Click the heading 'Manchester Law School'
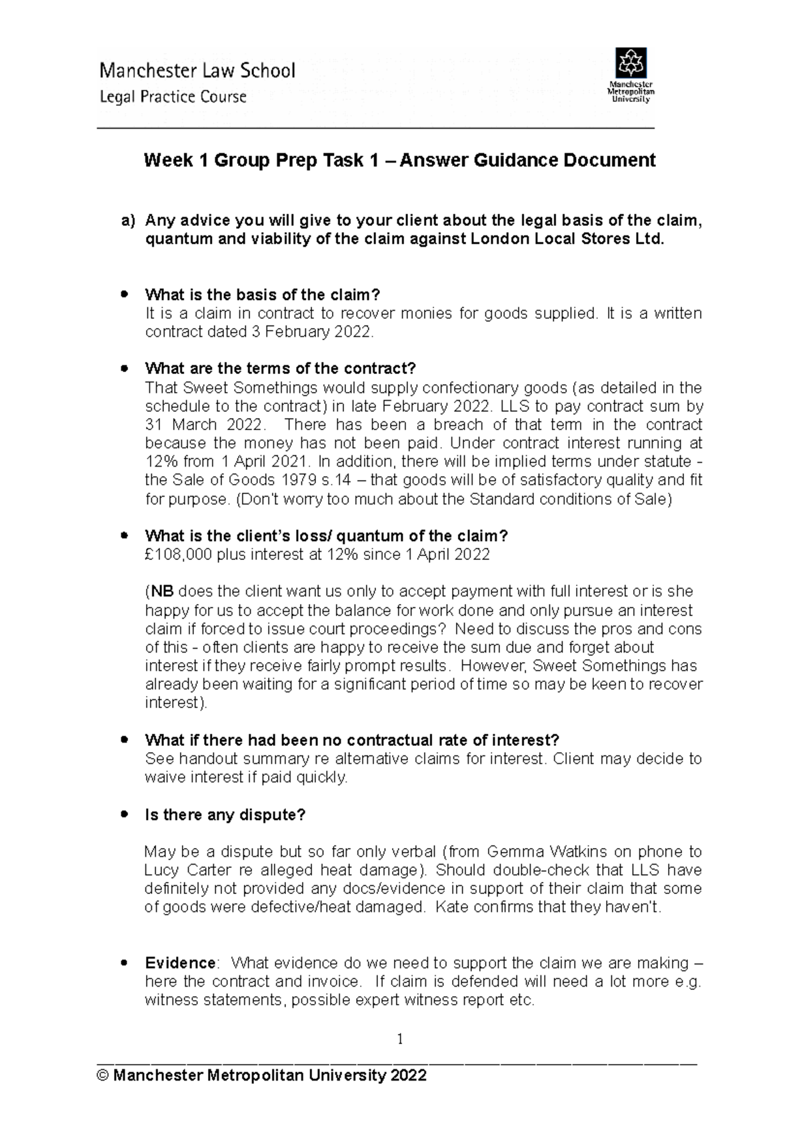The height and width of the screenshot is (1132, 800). pos(197,71)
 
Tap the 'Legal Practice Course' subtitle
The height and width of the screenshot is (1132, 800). pos(173,97)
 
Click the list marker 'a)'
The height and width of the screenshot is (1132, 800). pos(128,221)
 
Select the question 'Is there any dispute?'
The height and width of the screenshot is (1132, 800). pos(225,815)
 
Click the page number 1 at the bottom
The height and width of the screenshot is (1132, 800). pos(400,1039)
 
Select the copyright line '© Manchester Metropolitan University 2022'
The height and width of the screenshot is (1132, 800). pos(261,1075)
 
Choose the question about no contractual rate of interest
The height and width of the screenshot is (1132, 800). pos(352,740)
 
